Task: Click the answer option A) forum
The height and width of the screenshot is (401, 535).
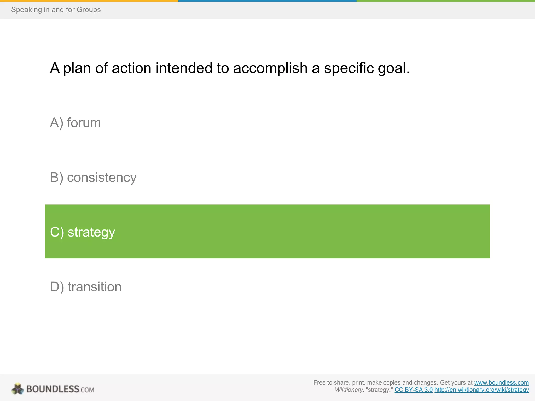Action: point(75,123)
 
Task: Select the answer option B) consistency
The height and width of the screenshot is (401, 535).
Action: point(93,178)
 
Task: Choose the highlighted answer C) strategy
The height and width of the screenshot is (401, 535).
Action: point(83,232)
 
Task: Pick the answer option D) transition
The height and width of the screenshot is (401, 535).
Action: point(86,287)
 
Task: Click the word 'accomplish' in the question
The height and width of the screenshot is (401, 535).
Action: point(270,68)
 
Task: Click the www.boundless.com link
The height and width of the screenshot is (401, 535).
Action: point(501,383)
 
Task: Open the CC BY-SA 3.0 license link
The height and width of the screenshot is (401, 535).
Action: point(413,390)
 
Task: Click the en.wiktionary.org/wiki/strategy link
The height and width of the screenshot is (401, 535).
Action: point(481,390)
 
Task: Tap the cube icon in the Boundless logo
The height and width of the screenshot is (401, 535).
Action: point(18,389)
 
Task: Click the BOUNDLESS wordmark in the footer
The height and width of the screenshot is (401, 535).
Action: point(53,389)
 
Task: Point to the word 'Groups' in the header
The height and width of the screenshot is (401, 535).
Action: point(89,10)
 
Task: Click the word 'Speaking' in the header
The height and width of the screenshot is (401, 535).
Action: point(26,10)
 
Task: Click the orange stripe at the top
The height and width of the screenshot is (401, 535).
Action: point(89,1)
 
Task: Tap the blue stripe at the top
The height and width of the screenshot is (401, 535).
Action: point(267,1)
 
